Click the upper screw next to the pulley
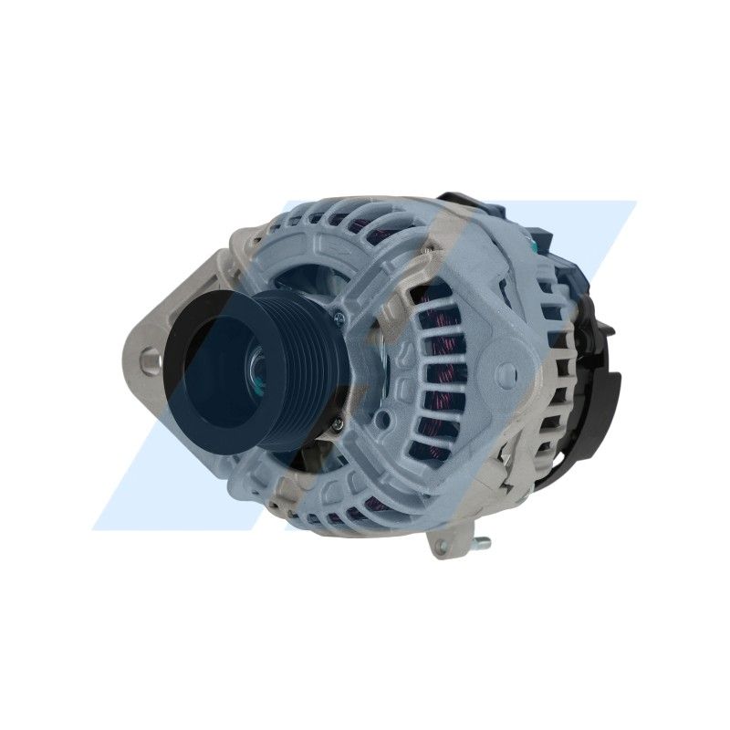339,317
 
